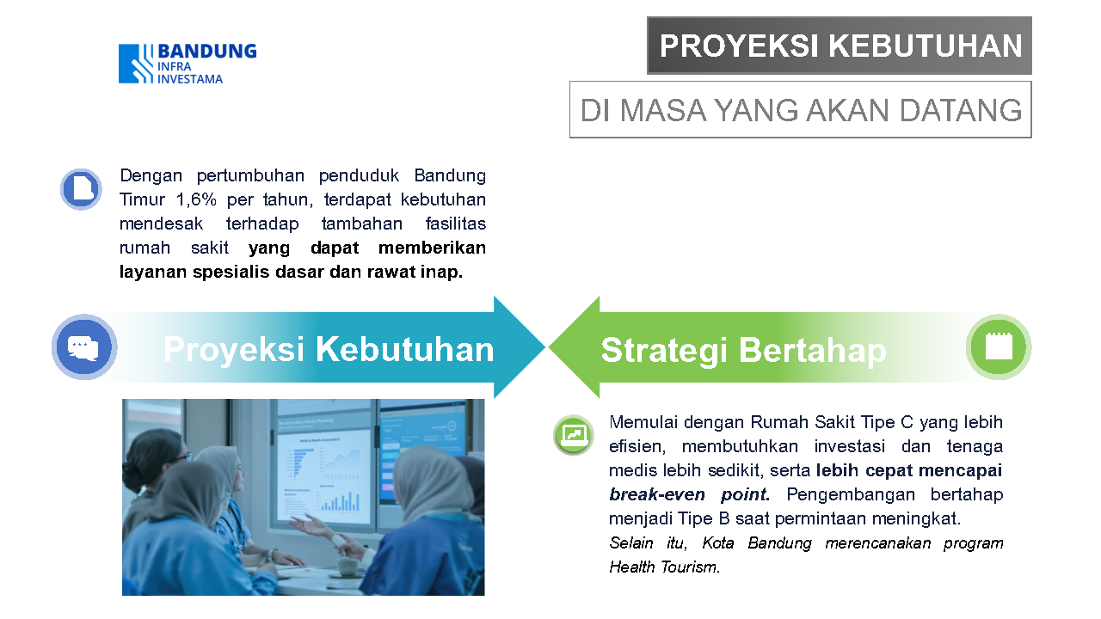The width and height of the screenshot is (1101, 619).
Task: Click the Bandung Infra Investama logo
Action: click(x=188, y=64)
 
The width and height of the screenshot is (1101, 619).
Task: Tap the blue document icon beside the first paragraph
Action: click(x=81, y=189)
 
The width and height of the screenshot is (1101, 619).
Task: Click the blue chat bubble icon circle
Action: click(x=84, y=346)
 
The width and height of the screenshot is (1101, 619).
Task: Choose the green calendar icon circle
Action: click(x=999, y=346)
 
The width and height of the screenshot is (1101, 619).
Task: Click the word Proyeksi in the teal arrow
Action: click(x=234, y=350)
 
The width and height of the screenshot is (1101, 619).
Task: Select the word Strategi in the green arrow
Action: click(x=664, y=351)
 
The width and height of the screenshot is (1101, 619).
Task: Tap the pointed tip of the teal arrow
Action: click(x=545, y=346)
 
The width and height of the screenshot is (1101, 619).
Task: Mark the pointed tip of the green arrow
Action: click(x=549, y=346)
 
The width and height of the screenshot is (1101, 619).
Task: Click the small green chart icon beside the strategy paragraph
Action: click(x=574, y=435)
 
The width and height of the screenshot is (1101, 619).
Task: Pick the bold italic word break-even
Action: click(x=656, y=494)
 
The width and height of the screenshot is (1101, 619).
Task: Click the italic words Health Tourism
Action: click(x=665, y=567)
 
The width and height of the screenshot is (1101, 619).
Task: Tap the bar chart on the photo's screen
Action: click(x=341, y=502)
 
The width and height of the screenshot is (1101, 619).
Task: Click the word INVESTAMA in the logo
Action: click(x=190, y=79)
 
